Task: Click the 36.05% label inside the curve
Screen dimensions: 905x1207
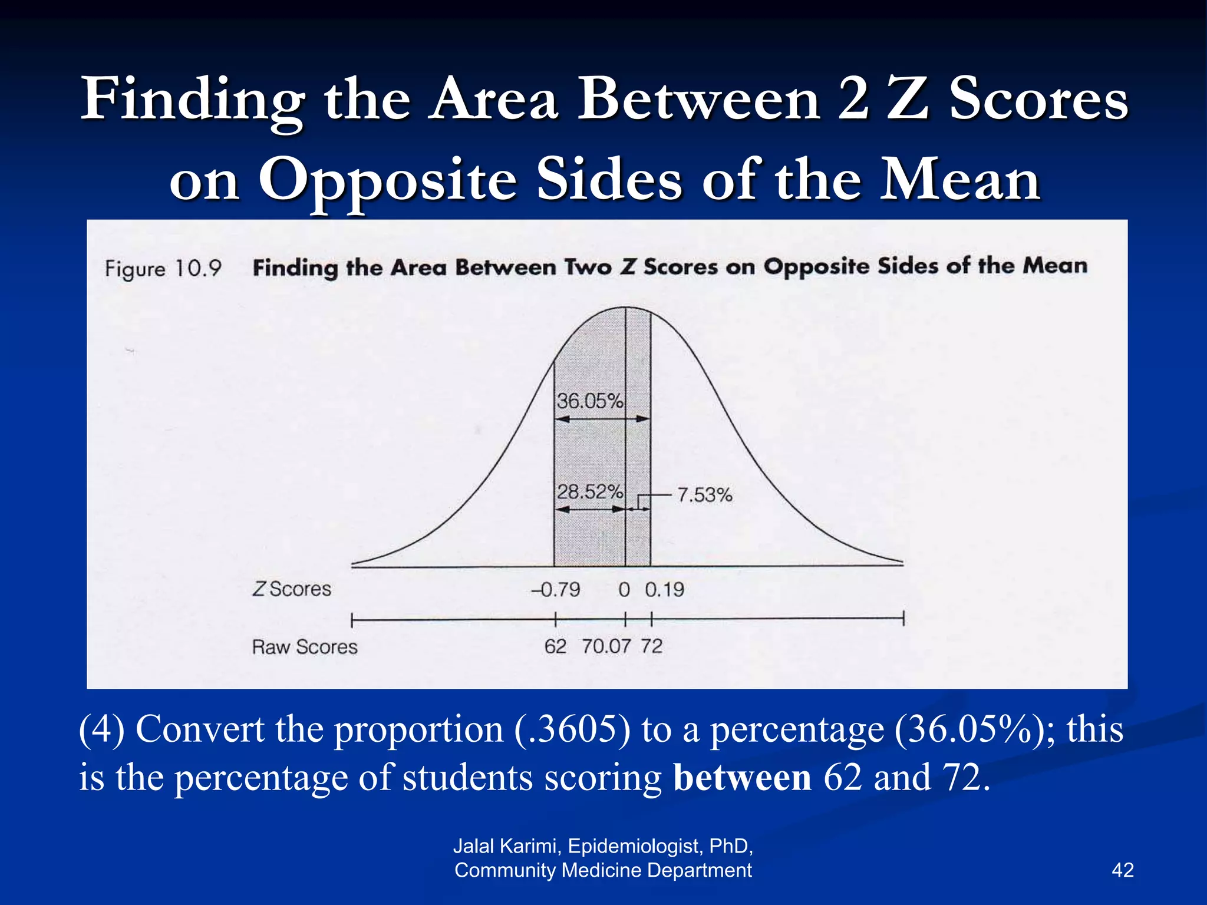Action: [589, 401]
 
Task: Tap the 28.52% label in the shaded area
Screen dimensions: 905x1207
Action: [589, 491]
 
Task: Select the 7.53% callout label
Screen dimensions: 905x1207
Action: [704, 495]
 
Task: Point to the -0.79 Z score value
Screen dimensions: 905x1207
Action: [556, 589]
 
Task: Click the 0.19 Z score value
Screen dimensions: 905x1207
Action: [664, 589]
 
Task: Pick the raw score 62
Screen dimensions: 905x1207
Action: [555, 646]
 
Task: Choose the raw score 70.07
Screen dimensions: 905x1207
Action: [606, 646]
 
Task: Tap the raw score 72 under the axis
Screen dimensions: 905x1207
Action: [651, 646]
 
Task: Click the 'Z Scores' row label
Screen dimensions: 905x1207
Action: [292, 589]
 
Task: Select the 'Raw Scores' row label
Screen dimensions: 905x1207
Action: [305, 647]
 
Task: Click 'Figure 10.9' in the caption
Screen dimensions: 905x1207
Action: [163, 269]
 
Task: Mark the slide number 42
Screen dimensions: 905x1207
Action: [1122, 870]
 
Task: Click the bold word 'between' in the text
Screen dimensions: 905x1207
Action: [742, 777]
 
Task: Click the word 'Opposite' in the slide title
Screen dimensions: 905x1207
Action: [387, 180]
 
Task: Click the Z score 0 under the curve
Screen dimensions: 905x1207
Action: [624, 589]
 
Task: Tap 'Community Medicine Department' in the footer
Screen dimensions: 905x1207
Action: [603, 870]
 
